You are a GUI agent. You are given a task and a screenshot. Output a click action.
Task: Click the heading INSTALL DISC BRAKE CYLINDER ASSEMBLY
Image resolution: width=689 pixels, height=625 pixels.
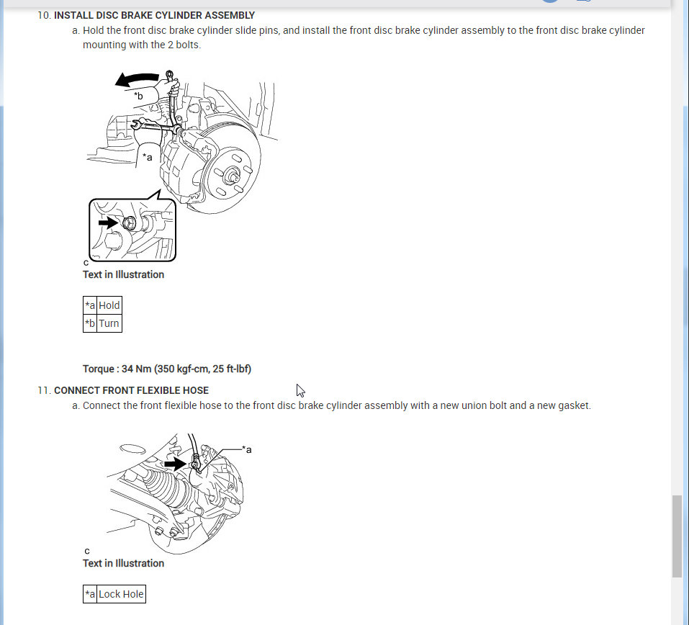(x=154, y=15)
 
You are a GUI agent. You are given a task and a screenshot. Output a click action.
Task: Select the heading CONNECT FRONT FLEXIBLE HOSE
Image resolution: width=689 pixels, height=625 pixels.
(x=131, y=390)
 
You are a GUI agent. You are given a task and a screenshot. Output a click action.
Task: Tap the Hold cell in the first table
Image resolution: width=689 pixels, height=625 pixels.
(x=109, y=305)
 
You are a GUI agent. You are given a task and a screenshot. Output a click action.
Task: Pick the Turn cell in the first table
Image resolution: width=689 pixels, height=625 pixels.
(x=109, y=323)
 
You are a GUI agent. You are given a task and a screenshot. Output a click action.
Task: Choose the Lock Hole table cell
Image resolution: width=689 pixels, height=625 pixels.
(x=121, y=594)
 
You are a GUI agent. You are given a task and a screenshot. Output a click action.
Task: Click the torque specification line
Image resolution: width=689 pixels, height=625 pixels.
(x=167, y=369)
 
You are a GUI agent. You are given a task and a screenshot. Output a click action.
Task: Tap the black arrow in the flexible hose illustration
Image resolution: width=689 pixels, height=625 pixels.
(x=175, y=464)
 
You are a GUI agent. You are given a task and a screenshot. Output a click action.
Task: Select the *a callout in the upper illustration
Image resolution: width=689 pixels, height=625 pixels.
(x=147, y=157)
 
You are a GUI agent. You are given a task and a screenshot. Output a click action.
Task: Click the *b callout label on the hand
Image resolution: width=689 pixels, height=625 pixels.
(x=138, y=96)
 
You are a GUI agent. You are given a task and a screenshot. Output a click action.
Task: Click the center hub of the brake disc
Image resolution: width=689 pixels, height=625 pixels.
(x=231, y=175)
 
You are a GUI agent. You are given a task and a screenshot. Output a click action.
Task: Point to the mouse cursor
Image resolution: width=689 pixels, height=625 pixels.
(x=300, y=390)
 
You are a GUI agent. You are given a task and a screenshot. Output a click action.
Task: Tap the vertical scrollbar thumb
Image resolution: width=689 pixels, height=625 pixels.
(x=677, y=536)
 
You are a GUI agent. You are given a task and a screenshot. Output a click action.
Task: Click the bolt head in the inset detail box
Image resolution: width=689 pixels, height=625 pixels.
(x=129, y=223)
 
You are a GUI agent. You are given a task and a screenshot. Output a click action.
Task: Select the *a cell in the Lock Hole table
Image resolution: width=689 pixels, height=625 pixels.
(x=90, y=594)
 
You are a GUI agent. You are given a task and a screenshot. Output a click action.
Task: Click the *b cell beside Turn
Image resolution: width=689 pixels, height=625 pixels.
(x=90, y=323)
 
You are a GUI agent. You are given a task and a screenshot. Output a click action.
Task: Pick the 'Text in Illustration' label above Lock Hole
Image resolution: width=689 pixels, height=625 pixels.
(x=123, y=563)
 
